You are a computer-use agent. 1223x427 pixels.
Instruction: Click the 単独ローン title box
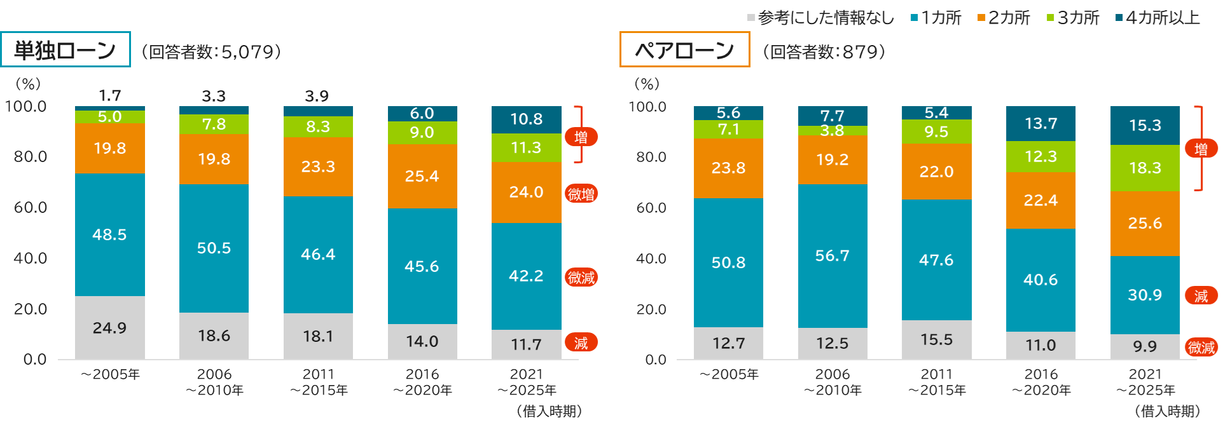click(x=66, y=50)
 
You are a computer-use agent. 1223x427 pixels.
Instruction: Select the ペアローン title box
click(x=684, y=50)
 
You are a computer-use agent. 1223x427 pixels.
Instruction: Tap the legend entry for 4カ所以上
click(x=1158, y=18)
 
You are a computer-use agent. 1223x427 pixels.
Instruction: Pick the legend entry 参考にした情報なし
click(x=821, y=18)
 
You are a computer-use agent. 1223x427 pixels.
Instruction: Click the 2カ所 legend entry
click(x=1004, y=18)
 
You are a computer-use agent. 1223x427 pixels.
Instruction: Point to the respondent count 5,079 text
click(x=212, y=51)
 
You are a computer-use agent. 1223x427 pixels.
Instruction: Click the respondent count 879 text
click(x=824, y=51)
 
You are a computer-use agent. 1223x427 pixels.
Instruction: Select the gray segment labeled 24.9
click(x=109, y=328)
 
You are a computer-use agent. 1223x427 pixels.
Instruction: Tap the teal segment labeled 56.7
click(x=833, y=255)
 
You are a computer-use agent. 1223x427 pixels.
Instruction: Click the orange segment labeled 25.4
click(x=422, y=176)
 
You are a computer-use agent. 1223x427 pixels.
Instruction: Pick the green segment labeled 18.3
click(x=1145, y=168)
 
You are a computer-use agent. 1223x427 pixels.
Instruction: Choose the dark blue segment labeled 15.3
click(x=1145, y=125)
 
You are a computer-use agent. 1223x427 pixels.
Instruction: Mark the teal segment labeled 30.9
click(x=1145, y=295)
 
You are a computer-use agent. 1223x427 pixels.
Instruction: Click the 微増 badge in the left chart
click(x=581, y=194)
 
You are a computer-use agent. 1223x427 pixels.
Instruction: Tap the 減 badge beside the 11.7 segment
click(x=581, y=343)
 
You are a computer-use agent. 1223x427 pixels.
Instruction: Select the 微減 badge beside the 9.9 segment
click(x=1201, y=348)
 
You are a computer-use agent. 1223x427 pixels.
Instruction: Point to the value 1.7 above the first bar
click(x=109, y=96)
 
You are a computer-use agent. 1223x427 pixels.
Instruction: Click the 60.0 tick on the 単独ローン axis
click(x=30, y=207)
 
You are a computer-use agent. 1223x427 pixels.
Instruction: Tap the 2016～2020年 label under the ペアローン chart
click(x=1041, y=382)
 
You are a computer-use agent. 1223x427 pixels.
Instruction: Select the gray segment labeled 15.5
click(x=937, y=339)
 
